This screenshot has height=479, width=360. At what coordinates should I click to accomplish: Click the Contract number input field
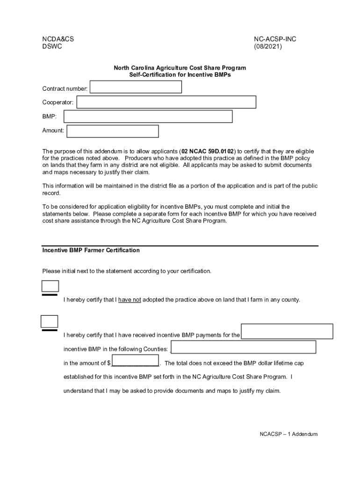click(136, 87)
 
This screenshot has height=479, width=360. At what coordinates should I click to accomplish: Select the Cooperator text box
click(166, 102)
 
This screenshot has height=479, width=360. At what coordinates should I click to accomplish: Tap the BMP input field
click(148, 116)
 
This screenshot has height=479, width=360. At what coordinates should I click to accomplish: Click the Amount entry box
click(113, 131)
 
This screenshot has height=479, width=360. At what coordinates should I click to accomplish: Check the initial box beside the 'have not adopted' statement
click(50, 286)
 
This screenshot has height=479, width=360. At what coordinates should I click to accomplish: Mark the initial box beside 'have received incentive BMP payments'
click(50, 321)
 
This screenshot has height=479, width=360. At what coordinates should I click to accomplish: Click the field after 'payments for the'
click(287, 331)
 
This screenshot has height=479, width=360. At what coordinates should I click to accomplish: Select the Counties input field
click(244, 347)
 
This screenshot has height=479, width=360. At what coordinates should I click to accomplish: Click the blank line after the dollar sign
click(135, 363)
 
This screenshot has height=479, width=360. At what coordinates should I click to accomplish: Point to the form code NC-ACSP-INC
click(275, 39)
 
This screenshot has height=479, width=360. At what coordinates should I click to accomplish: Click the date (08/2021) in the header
click(268, 47)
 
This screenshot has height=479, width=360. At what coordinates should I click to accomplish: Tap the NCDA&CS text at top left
click(58, 39)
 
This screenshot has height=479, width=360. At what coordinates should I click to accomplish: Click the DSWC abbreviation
click(52, 47)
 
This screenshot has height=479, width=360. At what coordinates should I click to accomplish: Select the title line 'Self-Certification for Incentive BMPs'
click(180, 75)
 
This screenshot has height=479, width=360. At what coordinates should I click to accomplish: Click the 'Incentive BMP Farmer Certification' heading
click(91, 250)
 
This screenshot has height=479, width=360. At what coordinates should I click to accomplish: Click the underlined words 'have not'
click(130, 300)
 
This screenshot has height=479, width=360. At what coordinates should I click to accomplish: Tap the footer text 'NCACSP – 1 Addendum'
click(288, 434)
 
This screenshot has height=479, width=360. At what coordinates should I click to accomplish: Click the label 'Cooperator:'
click(58, 102)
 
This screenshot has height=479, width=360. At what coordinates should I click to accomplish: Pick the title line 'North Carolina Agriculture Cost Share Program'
click(180, 68)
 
